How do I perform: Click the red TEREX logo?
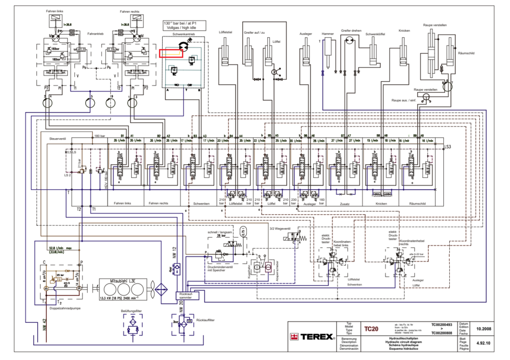pos(311,337)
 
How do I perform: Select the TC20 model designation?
pos(372,329)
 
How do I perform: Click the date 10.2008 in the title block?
pos(482,329)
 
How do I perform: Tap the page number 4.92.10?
pos(482,344)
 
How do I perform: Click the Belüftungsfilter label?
pos(131,310)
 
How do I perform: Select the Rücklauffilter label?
pos(205,320)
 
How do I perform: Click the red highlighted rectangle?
pos(171,53)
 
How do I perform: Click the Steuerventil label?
pos(56,139)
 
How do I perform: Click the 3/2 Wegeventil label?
pos(279,228)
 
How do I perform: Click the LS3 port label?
pos(448,147)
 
